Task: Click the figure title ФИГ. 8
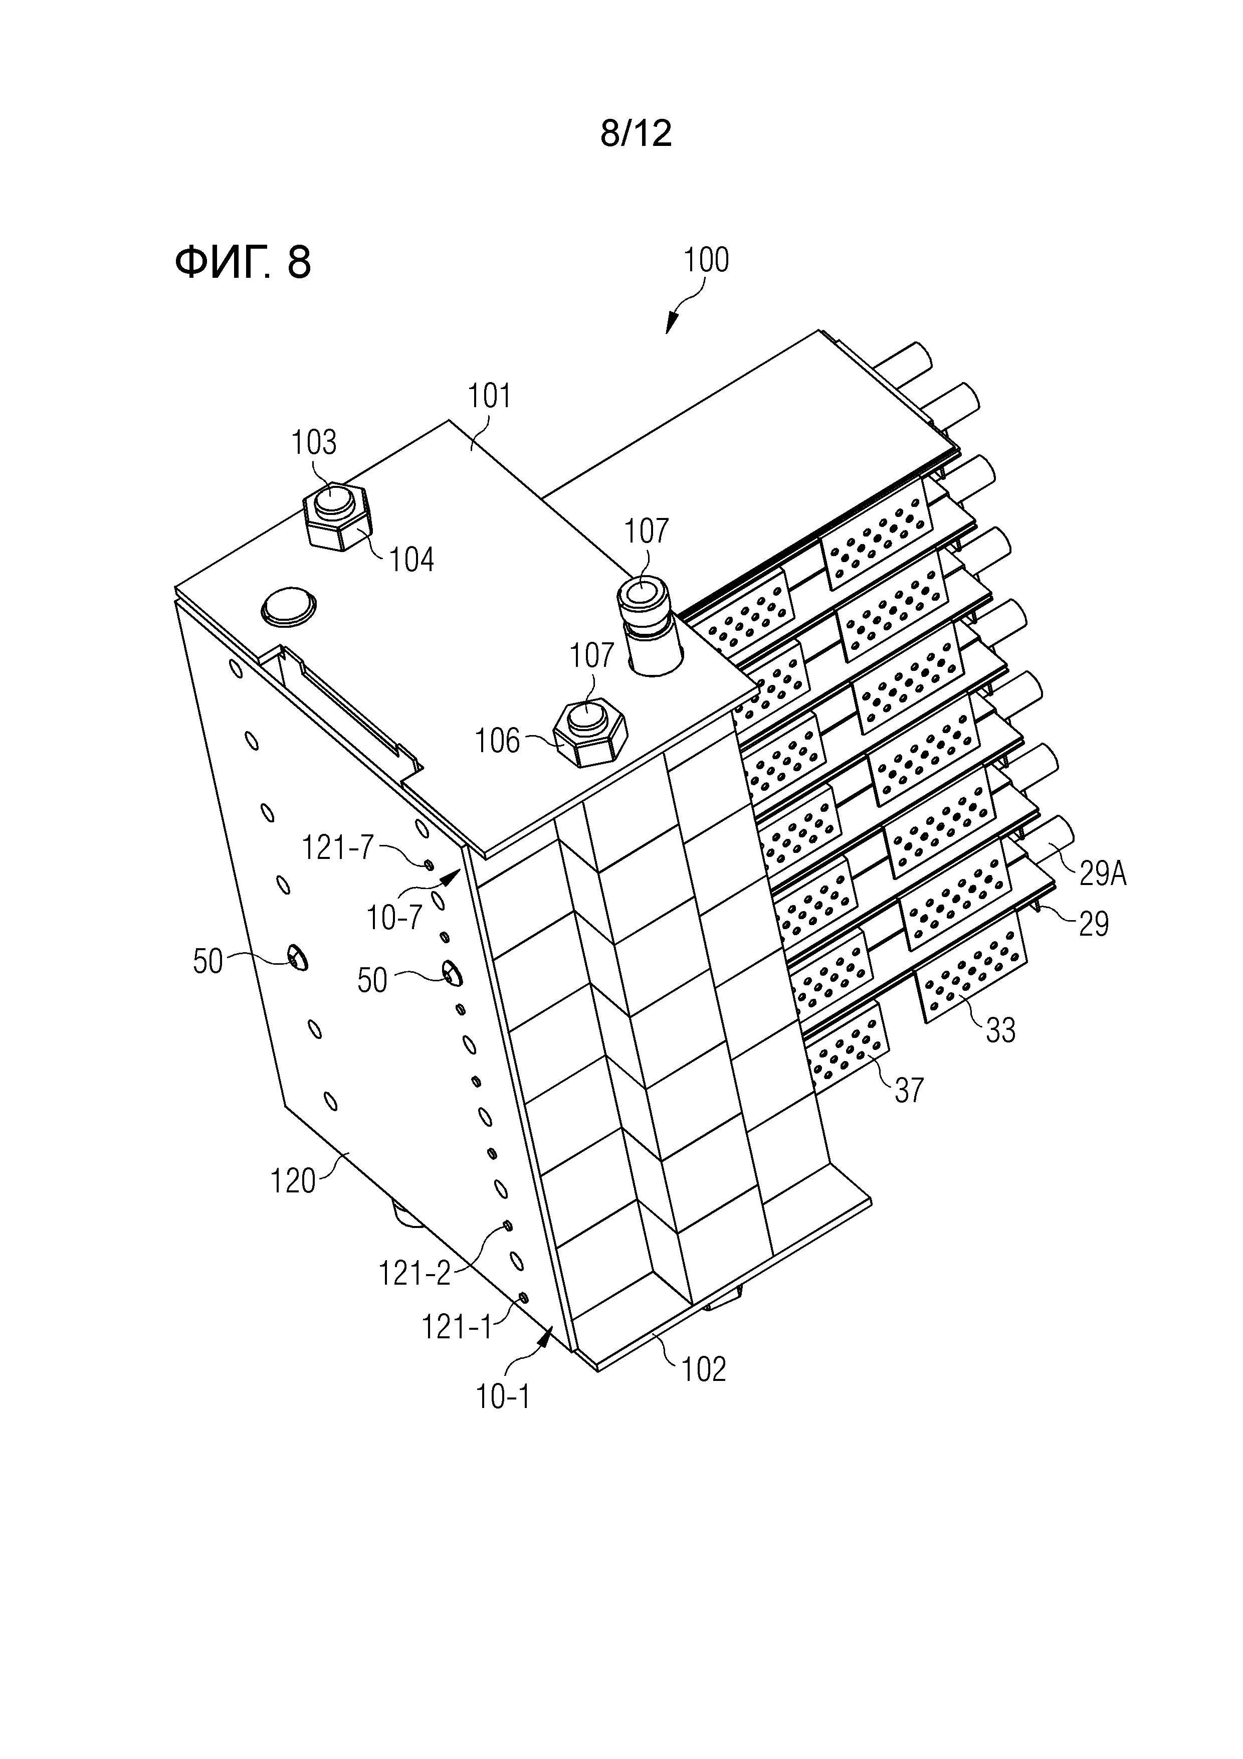click(x=243, y=262)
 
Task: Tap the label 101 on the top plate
click(x=489, y=396)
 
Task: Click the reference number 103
click(x=314, y=442)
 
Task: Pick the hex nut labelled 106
click(x=590, y=734)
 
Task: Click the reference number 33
click(x=1000, y=1030)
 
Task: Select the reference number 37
click(x=909, y=1090)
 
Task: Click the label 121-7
click(x=338, y=847)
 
